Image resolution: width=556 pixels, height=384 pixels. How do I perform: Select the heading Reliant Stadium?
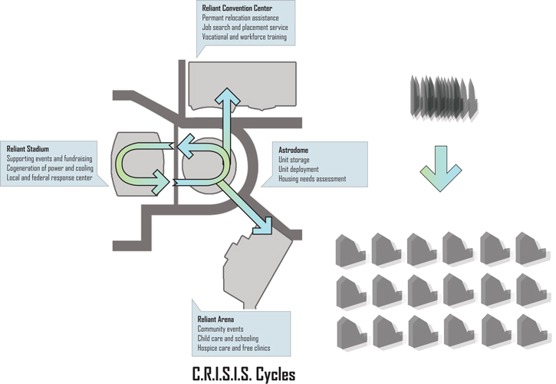coord(28,148)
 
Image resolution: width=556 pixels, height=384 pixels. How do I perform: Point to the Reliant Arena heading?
coord(216,318)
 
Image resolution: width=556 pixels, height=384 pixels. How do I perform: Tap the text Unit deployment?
coord(298,169)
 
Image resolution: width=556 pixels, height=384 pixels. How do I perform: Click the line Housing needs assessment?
coord(312,178)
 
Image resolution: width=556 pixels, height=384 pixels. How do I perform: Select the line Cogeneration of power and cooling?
coord(50,167)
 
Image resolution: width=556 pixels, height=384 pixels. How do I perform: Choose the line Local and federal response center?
coord(49,177)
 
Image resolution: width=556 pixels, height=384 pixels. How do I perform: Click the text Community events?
coord(221,329)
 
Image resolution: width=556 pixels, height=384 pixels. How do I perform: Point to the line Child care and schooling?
coord(228,338)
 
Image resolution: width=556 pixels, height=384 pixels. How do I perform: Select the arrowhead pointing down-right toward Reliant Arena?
coord(265,224)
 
